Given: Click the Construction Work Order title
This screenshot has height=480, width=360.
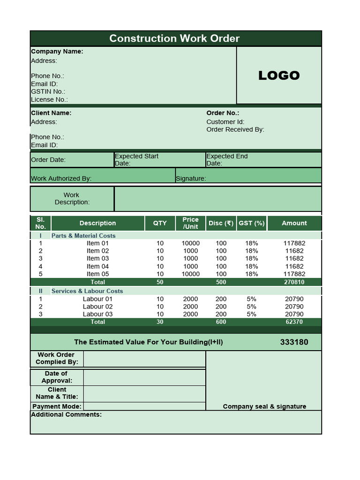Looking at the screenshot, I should [x=174, y=38].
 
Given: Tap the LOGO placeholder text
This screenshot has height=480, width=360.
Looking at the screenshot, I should [x=279, y=75].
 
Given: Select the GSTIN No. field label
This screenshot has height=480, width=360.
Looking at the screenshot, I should [x=48, y=91].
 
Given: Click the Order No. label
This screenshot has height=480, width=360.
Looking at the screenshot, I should [x=223, y=113].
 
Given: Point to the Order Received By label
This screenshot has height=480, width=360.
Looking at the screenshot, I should [x=235, y=129].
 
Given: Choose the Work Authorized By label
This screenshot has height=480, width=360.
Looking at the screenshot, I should [x=61, y=178].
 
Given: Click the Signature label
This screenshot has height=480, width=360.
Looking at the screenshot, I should [x=191, y=178].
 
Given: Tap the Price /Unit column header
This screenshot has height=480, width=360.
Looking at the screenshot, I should [x=190, y=223].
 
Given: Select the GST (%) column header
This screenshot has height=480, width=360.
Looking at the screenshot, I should [x=252, y=223].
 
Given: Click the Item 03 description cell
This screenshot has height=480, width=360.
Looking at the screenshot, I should [x=97, y=258].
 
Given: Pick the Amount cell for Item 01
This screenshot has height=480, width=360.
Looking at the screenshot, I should [x=294, y=243].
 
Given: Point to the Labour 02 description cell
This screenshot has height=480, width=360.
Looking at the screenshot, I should [x=97, y=307].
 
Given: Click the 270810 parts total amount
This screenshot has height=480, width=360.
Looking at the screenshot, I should [x=294, y=282].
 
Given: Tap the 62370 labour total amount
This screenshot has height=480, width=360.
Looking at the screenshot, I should [x=294, y=322].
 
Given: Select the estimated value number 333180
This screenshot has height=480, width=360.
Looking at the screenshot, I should [x=294, y=342].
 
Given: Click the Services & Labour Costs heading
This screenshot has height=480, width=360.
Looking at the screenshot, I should [x=87, y=291].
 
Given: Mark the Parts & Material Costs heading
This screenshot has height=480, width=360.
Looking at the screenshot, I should [x=83, y=236].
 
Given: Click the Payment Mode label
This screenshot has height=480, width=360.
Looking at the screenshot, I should [x=57, y=406].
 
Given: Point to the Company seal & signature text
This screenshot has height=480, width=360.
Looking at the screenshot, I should [x=264, y=406].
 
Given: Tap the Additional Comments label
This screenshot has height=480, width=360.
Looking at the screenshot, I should [x=66, y=414].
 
